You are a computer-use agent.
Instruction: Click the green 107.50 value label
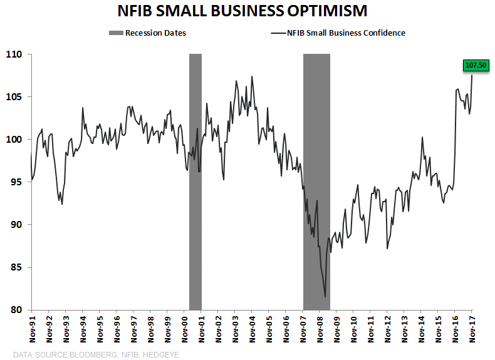475,64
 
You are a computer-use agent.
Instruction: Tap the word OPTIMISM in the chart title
321,11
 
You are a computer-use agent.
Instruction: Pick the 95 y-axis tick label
17,182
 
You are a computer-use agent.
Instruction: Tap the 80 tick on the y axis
17,310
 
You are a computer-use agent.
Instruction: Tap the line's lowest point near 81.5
325,297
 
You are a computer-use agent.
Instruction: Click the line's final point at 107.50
472,76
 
